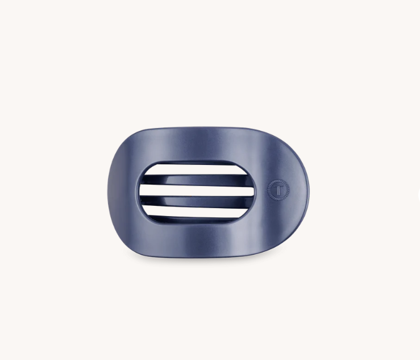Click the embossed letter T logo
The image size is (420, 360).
coord(278,190)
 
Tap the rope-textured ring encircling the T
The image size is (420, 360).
coord(278,181)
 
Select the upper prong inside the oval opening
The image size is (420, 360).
coord(196,180)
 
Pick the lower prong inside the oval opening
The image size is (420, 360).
coord(196,202)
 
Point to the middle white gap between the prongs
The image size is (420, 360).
coord(197,191)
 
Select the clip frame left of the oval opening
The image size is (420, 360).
coord(123,192)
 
